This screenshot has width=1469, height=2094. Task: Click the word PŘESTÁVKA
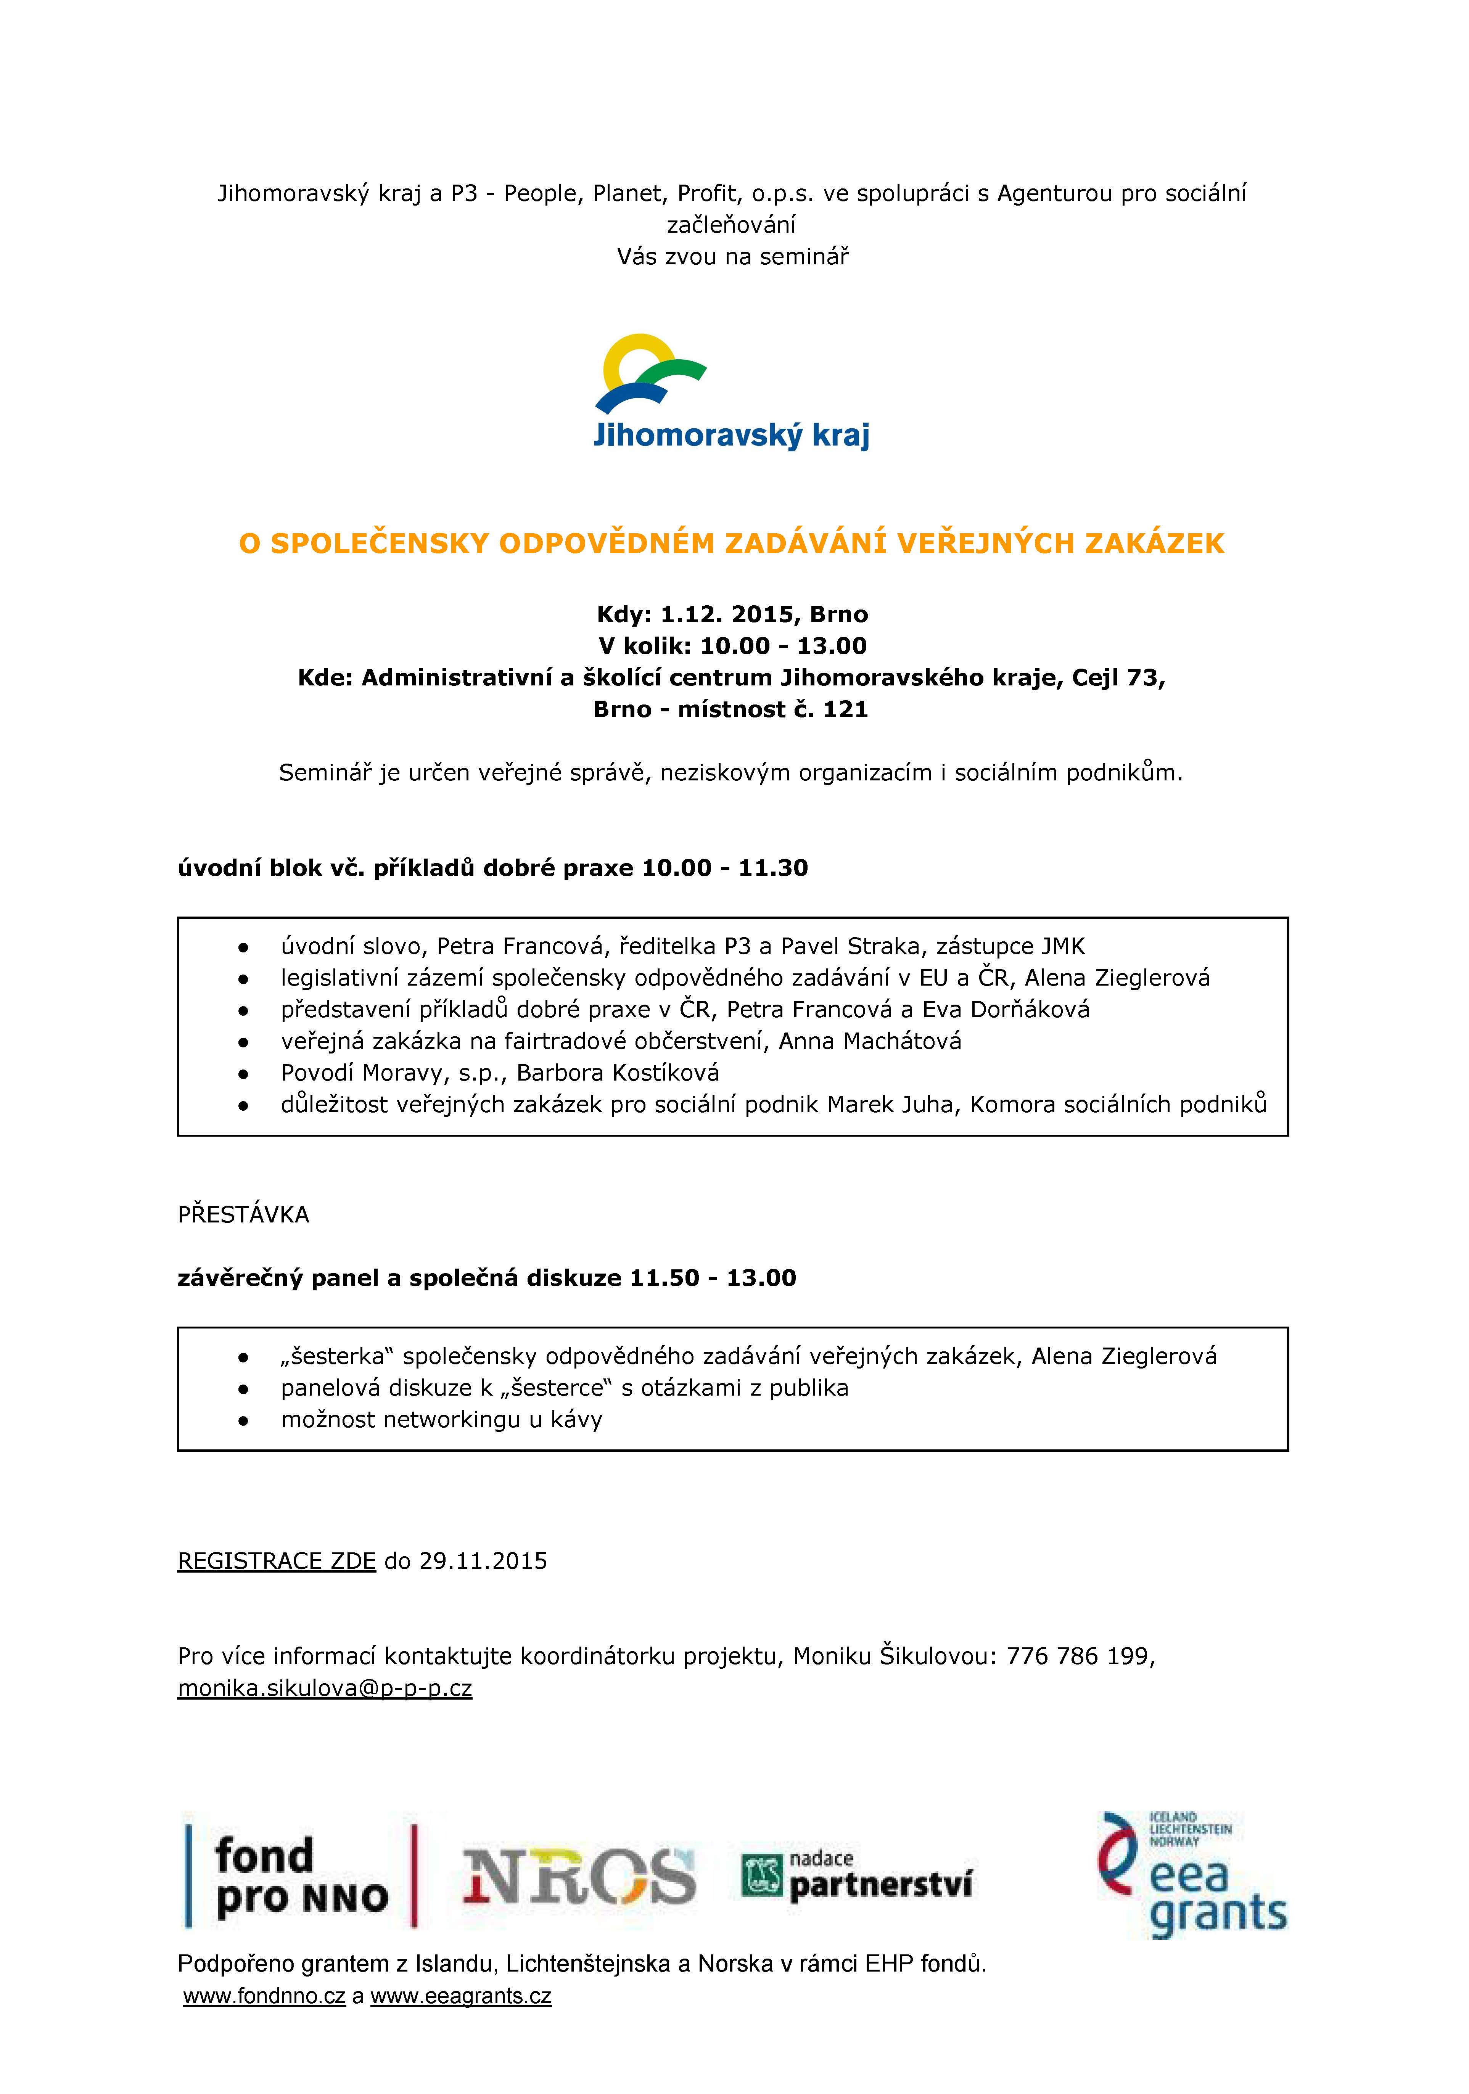[x=243, y=1214]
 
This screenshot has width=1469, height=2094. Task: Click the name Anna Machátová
[x=870, y=1041]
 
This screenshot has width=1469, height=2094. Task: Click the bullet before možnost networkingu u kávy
[x=243, y=1420]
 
